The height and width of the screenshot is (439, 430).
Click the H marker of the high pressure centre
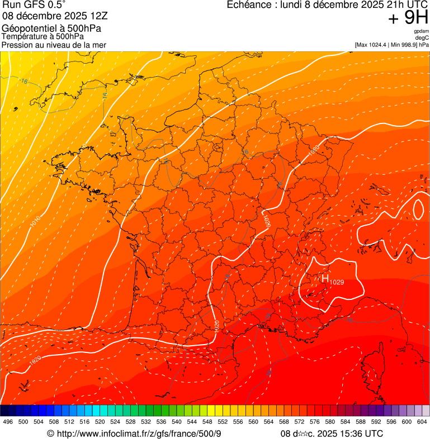pos(325,278)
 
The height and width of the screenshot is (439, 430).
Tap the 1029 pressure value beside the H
pos(337,283)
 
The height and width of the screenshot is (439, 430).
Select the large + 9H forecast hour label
pos(408,18)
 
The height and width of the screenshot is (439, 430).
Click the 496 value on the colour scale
pos(8,422)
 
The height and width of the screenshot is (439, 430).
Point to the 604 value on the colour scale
pos(422,422)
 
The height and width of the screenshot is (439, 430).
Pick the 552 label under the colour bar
pos(222,422)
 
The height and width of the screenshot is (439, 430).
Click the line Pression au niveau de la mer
pos(54,45)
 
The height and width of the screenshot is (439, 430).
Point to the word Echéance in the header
pos(249,5)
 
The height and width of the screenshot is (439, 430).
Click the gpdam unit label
pos(421,31)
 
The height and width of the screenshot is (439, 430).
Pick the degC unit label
pos(422,38)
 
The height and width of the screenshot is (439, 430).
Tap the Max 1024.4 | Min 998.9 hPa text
pos(391,45)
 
